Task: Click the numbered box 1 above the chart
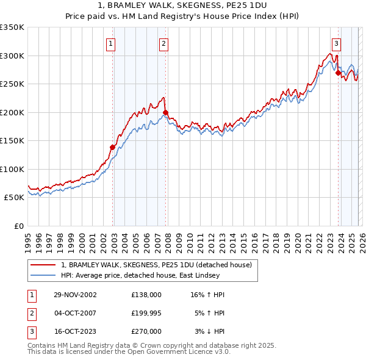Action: pos(111,43)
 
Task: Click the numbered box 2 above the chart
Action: pos(164,43)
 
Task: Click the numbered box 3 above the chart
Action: pos(336,43)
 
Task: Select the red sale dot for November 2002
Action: pos(113,147)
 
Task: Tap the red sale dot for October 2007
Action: pos(165,112)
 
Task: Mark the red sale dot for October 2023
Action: pos(338,72)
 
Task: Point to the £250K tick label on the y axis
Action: pos(12,84)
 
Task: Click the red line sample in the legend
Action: pos(43,265)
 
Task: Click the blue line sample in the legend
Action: pos(43,276)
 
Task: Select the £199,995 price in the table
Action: pos(146,313)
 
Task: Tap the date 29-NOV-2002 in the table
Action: pos(75,295)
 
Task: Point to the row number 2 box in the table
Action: pos(31,313)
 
